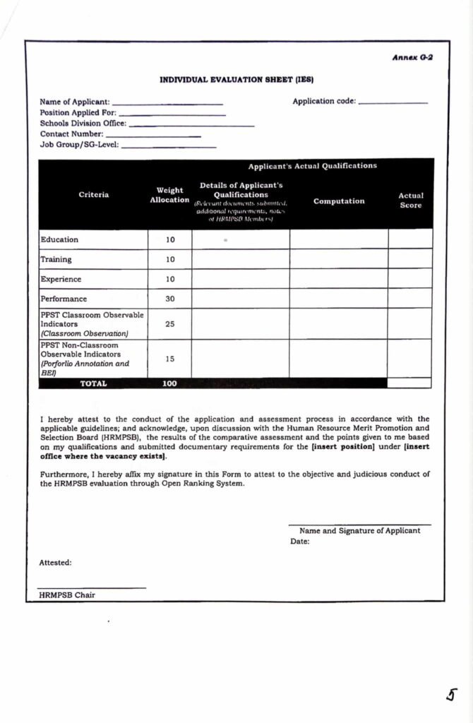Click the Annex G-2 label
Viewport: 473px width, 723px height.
412,56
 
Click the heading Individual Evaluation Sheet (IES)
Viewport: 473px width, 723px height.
236,80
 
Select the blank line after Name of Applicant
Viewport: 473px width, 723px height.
167,104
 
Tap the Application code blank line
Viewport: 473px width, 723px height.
393,104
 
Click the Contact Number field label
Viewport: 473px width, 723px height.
71,133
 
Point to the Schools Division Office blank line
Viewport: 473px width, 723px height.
191,126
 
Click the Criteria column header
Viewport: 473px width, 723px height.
93,195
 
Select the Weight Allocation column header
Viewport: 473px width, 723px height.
169,195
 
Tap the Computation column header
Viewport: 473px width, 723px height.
339,201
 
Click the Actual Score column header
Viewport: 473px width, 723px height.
410,201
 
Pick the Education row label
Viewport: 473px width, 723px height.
59,239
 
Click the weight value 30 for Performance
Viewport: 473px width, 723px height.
170,299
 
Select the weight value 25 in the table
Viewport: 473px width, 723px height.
170,324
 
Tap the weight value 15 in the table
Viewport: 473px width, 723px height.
170,359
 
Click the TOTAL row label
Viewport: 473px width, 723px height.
93,383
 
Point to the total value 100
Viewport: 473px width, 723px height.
170,383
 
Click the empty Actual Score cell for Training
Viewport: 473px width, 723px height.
410,259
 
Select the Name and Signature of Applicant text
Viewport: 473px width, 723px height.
359,531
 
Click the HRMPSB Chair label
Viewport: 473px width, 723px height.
67,595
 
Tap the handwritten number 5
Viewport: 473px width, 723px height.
450,695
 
